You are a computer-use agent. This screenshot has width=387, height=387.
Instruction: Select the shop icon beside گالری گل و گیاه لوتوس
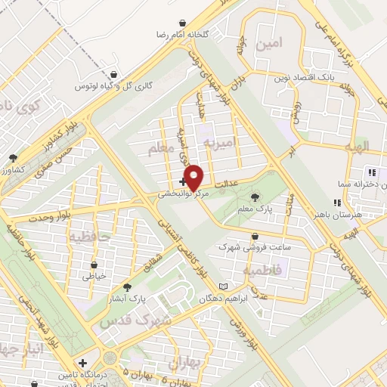point(113,75)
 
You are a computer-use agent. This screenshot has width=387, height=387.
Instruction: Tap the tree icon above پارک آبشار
point(127,288)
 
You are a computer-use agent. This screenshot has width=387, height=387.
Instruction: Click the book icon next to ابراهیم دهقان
point(222,286)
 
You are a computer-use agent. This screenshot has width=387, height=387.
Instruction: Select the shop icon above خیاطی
point(94,266)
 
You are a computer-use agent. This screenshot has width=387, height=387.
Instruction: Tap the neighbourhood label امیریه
point(226,142)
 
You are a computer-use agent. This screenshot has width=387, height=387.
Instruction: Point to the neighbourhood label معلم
point(160,151)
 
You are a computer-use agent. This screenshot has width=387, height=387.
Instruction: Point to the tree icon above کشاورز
point(13,158)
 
